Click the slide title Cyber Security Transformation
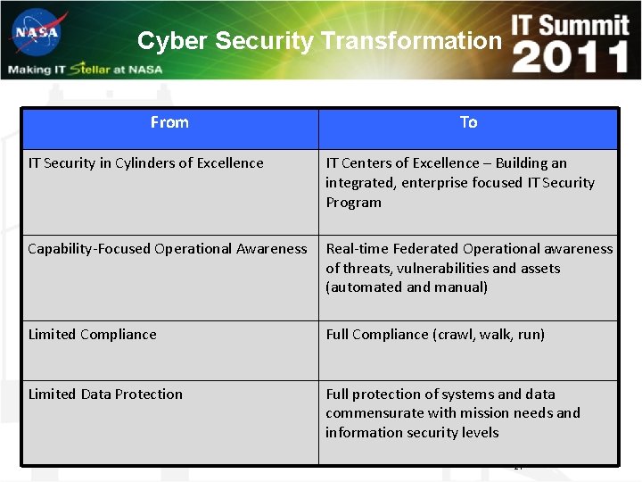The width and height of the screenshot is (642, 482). pyautogui.click(x=319, y=41)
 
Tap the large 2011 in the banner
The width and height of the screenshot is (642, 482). pyautogui.click(x=571, y=57)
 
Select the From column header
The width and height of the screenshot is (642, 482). pyautogui.click(x=169, y=122)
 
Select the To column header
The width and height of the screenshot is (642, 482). pyautogui.click(x=468, y=123)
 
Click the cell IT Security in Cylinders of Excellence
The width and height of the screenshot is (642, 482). pyautogui.click(x=145, y=163)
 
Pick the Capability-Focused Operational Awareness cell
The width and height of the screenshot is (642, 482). pyautogui.click(x=167, y=249)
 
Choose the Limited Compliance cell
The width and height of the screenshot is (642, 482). pyautogui.click(x=92, y=335)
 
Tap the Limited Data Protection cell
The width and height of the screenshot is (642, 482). pyautogui.click(x=105, y=395)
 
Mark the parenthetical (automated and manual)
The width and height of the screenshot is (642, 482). pyautogui.click(x=407, y=287)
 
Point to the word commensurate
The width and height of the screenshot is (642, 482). pyautogui.click(x=369, y=413)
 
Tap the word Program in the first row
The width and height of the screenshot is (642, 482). pyautogui.click(x=353, y=203)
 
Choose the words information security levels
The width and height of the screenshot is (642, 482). pyautogui.click(x=412, y=433)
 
